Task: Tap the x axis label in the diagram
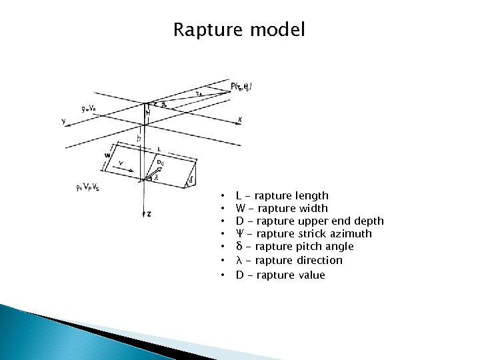pyautogui.click(x=239, y=119)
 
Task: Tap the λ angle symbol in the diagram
pyautogui.click(x=156, y=177)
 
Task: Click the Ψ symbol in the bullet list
pyautogui.click(x=239, y=233)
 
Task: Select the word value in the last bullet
pyautogui.click(x=311, y=275)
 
